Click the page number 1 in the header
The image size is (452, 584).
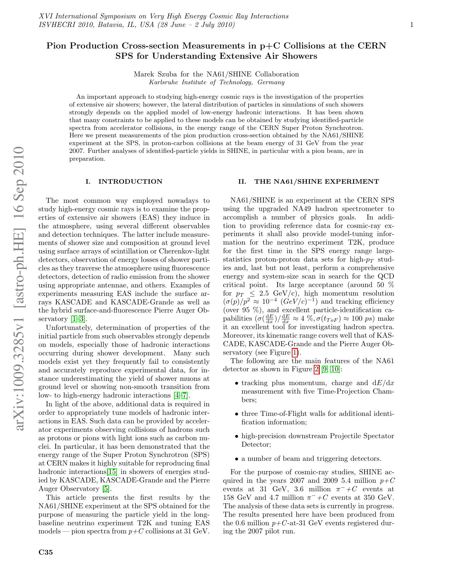(412, 25)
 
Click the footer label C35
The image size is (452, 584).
(46, 552)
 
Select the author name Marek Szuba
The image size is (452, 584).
(155, 74)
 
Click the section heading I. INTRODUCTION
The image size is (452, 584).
(124, 182)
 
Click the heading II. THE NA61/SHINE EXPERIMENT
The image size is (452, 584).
(308, 182)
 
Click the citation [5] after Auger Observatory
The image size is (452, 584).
(106, 489)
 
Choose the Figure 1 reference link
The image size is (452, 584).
(295, 353)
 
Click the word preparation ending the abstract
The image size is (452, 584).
(87, 159)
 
